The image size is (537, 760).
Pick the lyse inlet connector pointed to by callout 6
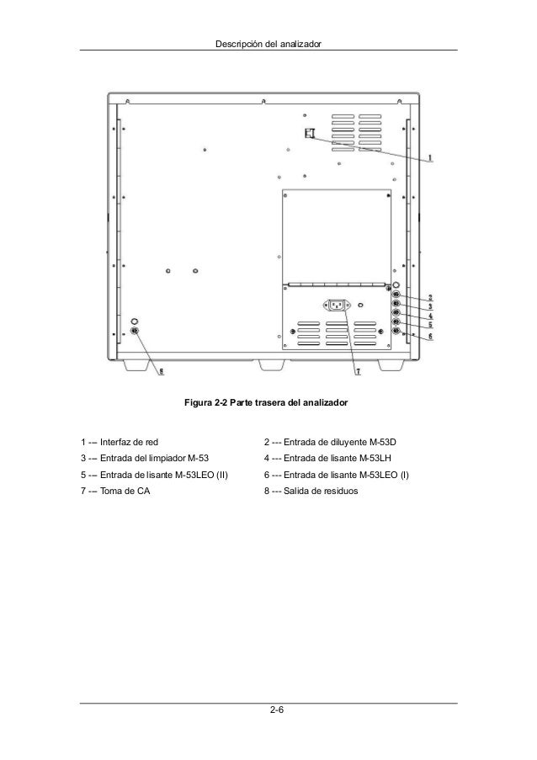pos(396,331)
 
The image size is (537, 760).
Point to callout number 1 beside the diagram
pos(431,157)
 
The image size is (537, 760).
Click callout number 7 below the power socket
pos(357,370)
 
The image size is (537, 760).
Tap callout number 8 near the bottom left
pos(162,369)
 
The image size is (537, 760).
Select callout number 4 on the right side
pos(430,316)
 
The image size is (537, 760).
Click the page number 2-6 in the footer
pos(276,713)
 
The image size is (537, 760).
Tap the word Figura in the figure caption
pos(198,404)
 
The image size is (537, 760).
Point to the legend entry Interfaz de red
pos(128,442)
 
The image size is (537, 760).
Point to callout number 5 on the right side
pos(430,325)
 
